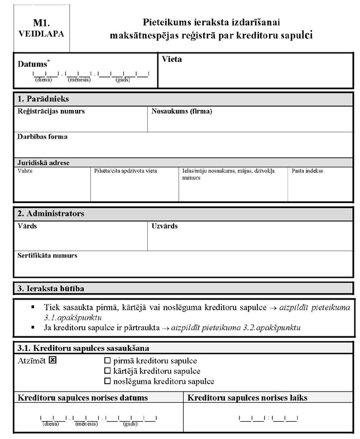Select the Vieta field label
point(171,59)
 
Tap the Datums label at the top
point(32,64)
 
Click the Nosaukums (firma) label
point(182,112)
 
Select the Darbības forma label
point(42,137)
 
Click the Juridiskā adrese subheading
point(44,162)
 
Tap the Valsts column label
point(25,171)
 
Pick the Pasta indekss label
point(307,171)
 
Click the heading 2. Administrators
point(51,214)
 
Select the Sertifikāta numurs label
point(47,255)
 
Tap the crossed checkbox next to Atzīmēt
point(53,360)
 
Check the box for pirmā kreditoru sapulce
point(108,361)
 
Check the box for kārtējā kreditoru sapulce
point(108,371)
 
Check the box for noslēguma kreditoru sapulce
point(108,382)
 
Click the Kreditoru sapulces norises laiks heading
point(247,398)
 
